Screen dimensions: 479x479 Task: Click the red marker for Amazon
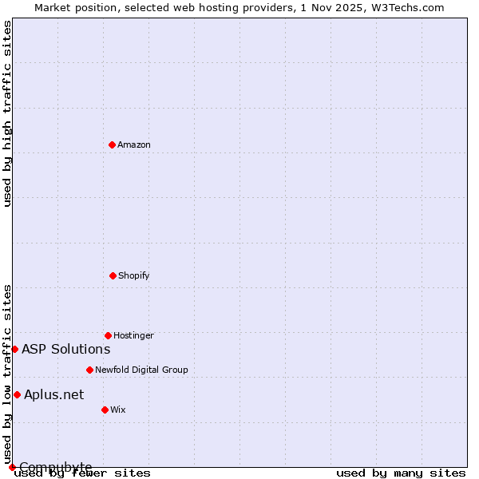pos(112,144)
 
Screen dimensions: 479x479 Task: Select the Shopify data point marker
pos(113,275)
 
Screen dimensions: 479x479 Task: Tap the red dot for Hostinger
pos(108,335)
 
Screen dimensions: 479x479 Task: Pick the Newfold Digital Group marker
pos(89,370)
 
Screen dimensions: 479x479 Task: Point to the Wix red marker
pos(105,410)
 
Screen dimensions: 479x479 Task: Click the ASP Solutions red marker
pos(14,349)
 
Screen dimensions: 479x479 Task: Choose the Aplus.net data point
pos(17,394)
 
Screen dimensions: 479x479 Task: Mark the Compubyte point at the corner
pos(12,467)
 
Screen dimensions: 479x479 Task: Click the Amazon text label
pos(134,144)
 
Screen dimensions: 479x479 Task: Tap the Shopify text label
pos(134,275)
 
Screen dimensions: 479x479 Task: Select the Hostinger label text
pos(133,335)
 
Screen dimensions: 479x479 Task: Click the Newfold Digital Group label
pos(141,370)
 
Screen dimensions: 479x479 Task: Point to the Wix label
pos(118,410)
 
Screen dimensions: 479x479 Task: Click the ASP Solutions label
pos(66,349)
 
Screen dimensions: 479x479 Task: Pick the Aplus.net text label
pos(54,394)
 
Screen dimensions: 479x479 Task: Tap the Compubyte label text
pos(56,467)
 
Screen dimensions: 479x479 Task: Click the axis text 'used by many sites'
pos(401,473)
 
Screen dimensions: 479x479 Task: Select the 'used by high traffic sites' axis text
pos(8,113)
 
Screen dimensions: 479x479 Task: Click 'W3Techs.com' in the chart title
pos(410,7)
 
